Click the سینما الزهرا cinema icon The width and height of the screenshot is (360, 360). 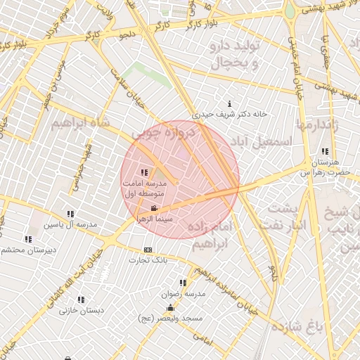(154, 209)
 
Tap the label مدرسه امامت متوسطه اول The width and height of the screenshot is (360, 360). (144, 187)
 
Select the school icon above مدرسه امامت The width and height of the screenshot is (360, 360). (144, 172)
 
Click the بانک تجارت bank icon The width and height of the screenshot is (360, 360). (148, 250)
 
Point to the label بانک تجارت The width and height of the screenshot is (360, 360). (145, 261)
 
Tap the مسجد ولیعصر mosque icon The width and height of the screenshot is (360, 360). (170, 309)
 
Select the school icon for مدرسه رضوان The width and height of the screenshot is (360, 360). (184, 283)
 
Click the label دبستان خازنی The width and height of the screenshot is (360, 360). (82, 309)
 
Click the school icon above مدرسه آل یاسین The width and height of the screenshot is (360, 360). (70, 214)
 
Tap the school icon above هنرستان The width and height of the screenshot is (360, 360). (324, 152)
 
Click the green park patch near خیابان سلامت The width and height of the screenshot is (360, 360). (150, 74)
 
